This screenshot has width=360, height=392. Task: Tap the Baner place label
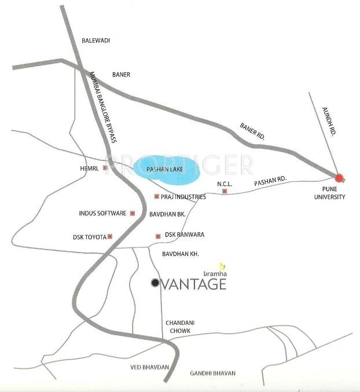click(x=121, y=75)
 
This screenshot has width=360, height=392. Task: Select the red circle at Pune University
click(x=339, y=178)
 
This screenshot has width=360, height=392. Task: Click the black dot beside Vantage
click(x=155, y=283)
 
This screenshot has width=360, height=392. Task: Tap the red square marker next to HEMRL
click(x=105, y=168)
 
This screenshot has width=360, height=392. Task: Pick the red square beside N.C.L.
click(x=225, y=191)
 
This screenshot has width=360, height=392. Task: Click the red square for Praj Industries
click(x=157, y=197)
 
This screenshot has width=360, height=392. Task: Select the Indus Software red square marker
click(x=133, y=213)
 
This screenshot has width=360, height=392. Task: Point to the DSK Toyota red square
click(x=109, y=236)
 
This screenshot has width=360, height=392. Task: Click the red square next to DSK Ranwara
click(x=158, y=236)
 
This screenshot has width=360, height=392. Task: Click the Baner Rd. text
click(x=252, y=131)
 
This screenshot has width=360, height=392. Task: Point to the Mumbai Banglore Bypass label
click(x=102, y=108)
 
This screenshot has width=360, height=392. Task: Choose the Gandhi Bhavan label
click(x=212, y=373)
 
